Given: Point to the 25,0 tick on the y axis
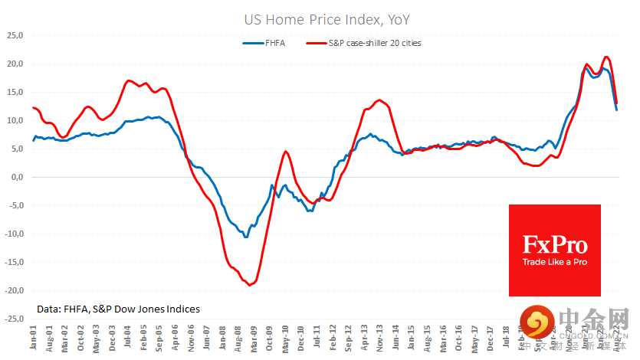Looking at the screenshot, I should click(x=15, y=35).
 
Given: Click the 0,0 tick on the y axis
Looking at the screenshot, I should click(x=17, y=177).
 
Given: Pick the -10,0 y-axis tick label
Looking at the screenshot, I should click(x=15, y=234).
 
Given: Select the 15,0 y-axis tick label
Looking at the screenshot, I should click(x=15, y=92).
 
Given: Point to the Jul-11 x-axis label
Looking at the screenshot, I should click(x=316, y=339).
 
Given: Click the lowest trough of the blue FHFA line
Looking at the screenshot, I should click(x=245, y=237).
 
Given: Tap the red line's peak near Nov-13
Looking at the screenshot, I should click(x=379, y=100).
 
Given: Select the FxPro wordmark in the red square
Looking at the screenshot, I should click(x=555, y=245).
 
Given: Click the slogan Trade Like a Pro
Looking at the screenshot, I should click(x=555, y=263).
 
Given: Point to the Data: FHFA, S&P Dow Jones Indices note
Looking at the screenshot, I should click(x=118, y=309).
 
